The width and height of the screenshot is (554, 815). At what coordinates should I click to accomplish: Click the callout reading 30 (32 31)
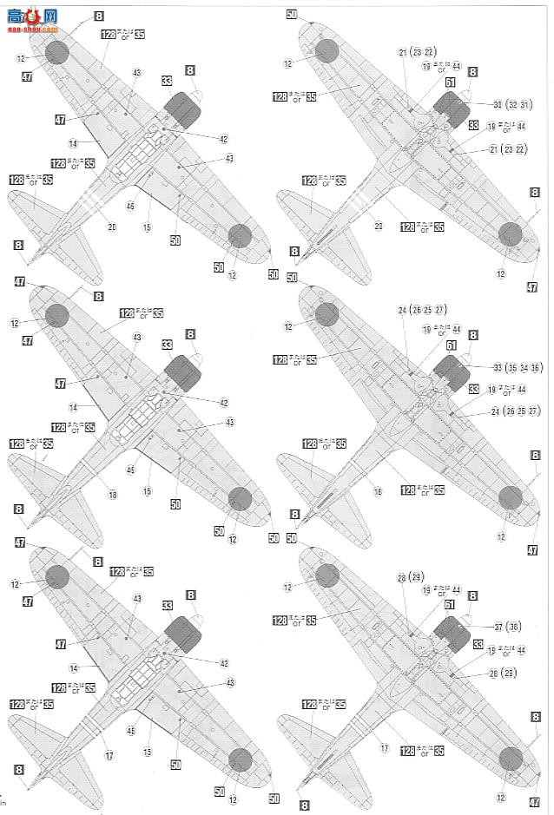tap(511, 104)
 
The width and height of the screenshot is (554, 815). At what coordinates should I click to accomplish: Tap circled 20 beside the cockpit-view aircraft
tap(112, 227)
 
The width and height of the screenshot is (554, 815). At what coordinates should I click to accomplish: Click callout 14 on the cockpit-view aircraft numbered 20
tap(74, 143)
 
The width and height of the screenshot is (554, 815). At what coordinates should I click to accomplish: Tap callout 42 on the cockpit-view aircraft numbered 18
tap(223, 402)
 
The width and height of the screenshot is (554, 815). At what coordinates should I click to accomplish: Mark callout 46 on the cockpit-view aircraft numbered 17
tap(130, 733)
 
